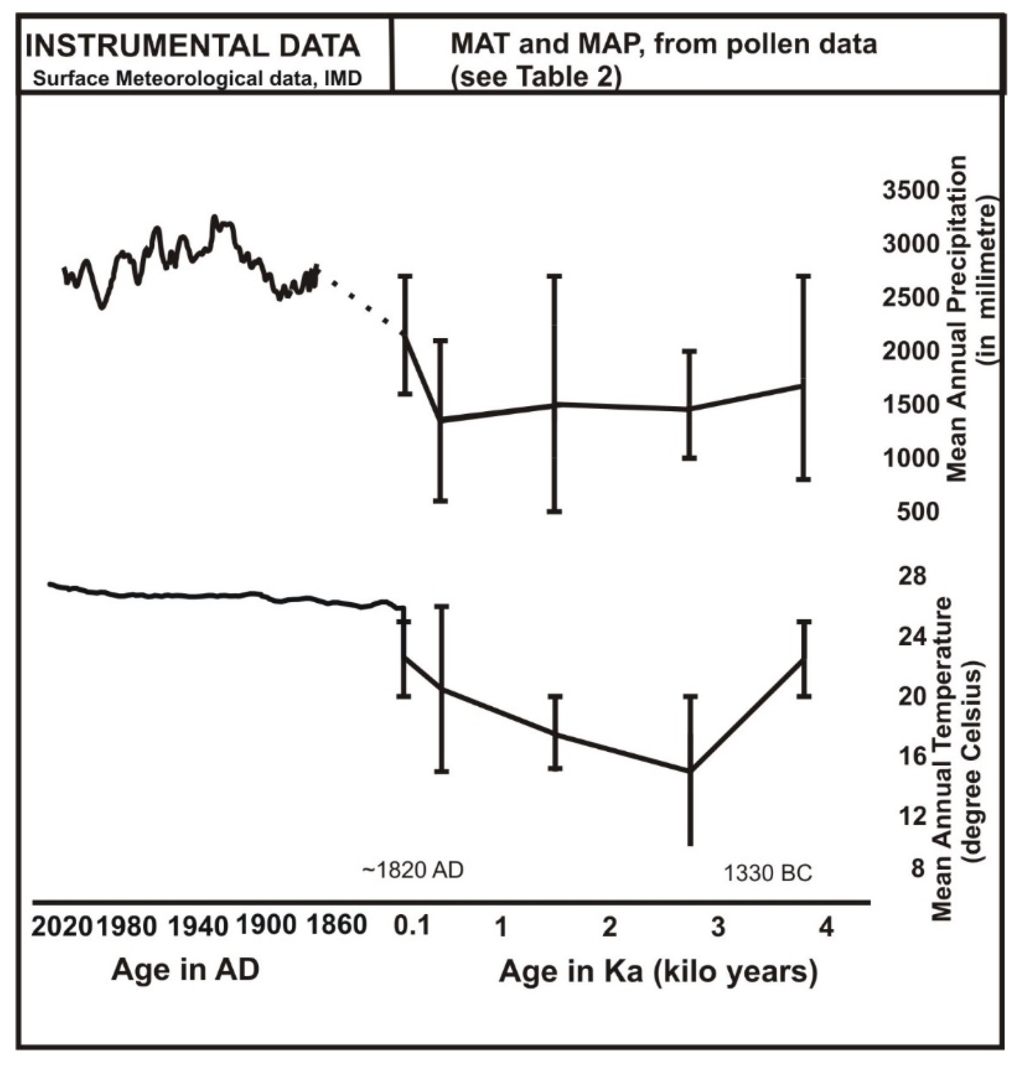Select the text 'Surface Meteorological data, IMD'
[197, 79]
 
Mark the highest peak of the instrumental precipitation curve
[215, 217]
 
